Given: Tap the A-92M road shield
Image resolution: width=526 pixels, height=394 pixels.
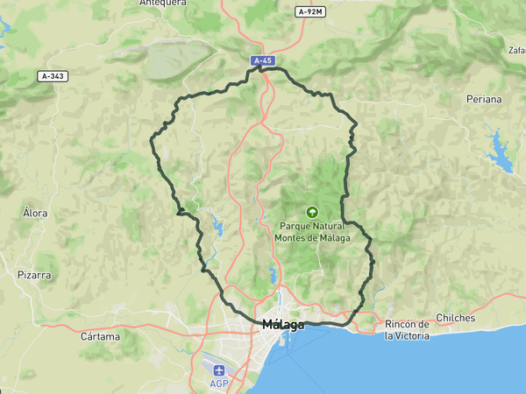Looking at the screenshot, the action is click(310, 11).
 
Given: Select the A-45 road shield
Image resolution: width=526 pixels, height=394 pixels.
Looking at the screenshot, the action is click(261, 60).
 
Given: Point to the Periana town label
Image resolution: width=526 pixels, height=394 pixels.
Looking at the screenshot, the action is click(484, 99).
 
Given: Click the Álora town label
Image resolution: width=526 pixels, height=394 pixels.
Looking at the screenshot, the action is click(35, 213).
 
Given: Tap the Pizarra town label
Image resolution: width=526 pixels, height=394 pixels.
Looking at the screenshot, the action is click(34, 275).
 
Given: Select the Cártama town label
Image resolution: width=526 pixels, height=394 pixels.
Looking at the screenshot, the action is click(99, 336).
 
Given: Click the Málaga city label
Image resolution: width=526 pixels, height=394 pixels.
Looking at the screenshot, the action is click(283, 325).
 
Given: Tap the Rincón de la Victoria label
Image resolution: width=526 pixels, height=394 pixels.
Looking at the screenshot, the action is click(407, 330).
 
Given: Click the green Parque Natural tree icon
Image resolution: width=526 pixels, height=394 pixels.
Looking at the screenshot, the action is click(311, 211).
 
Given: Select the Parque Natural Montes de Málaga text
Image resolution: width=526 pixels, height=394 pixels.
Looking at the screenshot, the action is click(312, 232).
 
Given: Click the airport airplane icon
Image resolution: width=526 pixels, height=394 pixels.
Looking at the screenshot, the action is click(218, 369).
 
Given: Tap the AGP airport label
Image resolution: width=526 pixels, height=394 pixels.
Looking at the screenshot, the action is click(219, 383).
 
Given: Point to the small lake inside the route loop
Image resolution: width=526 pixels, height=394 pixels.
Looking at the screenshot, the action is click(216, 227).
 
